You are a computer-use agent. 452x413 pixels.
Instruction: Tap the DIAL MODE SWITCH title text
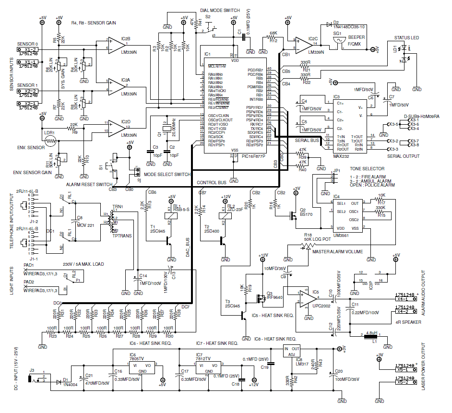pyautogui.click(x=220, y=10)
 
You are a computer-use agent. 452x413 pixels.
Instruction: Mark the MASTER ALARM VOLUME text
pyautogui.click(x=338, y=252)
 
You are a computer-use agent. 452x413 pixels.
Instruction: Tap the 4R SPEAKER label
pyautogui.click(x=409, y=322)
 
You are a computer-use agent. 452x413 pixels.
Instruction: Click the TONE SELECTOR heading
pyautogui.click(x=367, y=169)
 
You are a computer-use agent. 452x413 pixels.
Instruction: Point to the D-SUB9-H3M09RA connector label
pyautogui.click(x=422, y=116)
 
